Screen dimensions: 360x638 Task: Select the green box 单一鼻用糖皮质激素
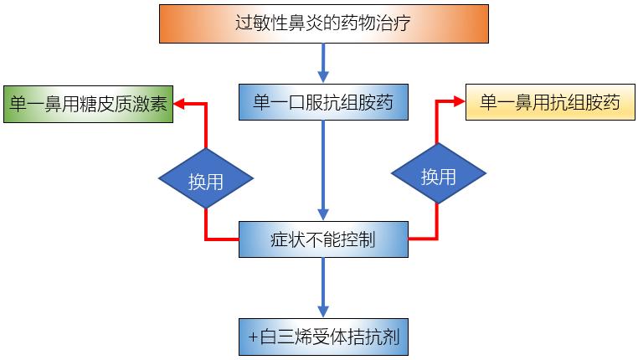[x=87, y=104]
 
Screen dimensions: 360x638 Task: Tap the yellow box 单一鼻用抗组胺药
[x=550, y=102]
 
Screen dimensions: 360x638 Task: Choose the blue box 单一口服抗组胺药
[x=322, y=103]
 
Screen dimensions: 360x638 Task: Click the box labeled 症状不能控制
[x=322, y=240]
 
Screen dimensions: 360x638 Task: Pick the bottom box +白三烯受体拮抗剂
[x=322, y=339]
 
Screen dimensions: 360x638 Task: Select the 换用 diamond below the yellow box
[x=438, y=177]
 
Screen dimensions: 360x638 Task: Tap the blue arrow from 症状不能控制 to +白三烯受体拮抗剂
[x=322, y=289]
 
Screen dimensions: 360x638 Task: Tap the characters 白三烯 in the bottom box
[x=280, y=339]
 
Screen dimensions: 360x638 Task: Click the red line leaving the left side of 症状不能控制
[x=222, y=240]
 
